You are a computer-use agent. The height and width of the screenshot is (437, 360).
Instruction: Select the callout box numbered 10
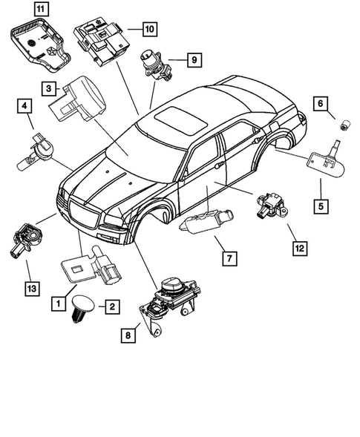148,30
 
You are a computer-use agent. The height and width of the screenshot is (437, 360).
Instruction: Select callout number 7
229,258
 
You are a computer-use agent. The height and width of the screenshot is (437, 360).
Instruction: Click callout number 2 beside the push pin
111,306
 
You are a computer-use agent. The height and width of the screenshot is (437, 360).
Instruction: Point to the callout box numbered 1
56,303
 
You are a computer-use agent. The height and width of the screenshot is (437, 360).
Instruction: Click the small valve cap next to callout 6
343,126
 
